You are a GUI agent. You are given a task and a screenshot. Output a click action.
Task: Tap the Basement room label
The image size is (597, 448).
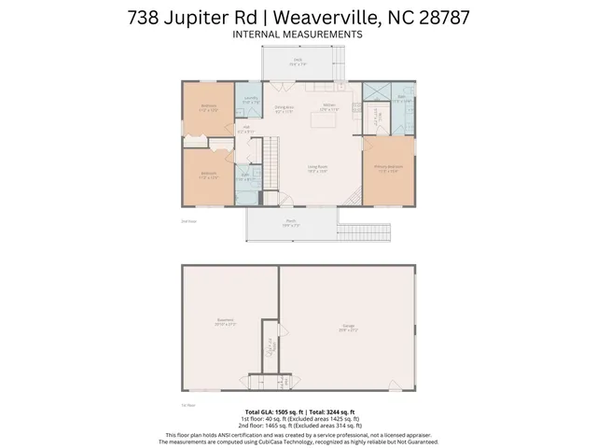click(225, 322)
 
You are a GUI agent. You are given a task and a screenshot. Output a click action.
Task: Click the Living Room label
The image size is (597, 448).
click(317, 169)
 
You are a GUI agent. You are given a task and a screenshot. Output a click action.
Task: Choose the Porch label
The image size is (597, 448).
click(290, 223)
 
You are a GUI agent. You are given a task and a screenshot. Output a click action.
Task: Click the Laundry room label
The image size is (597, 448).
click(251, 100)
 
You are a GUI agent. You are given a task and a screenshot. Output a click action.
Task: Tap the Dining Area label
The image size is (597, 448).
click(284, 108)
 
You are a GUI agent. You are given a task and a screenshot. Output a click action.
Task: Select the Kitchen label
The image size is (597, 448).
click(328, 106)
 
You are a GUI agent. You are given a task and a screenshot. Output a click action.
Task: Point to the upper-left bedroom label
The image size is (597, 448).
click(209, 107)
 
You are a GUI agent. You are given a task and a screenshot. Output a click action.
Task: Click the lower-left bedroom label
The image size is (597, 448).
click(209, 175)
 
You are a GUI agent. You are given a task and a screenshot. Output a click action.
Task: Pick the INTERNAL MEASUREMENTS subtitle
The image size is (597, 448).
click(298, 34)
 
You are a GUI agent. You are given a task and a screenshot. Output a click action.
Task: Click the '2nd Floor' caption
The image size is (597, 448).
click(187, 221)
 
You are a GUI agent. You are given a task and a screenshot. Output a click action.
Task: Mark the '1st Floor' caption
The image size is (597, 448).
click(187, 404)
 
